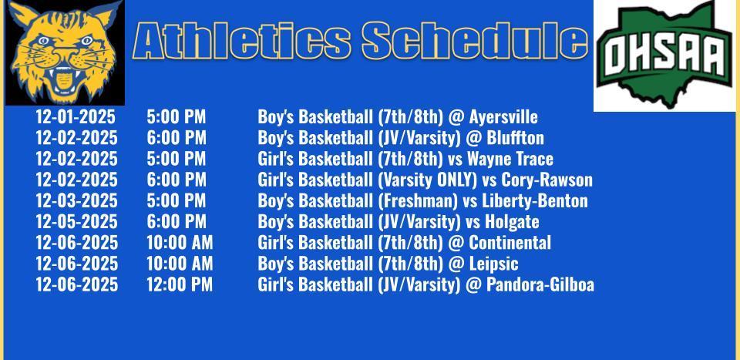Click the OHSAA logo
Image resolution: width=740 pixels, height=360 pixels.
point(664,55)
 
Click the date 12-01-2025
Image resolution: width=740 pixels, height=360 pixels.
point(76,116)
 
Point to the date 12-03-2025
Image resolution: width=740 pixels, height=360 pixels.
point(76,200)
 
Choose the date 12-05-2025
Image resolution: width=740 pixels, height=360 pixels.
point(76,221)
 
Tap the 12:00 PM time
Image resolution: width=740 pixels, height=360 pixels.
point(180,284)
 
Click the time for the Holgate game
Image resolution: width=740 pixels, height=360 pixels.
point(176,221)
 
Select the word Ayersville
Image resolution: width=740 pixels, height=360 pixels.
point(503,117)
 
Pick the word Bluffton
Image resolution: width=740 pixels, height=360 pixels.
point(515,138)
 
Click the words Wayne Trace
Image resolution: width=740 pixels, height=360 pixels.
point(510,159)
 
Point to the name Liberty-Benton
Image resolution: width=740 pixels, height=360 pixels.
point(535,201)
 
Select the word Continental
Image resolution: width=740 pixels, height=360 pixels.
point(510,243)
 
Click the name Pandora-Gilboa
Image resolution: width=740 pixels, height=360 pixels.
point(540,284)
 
